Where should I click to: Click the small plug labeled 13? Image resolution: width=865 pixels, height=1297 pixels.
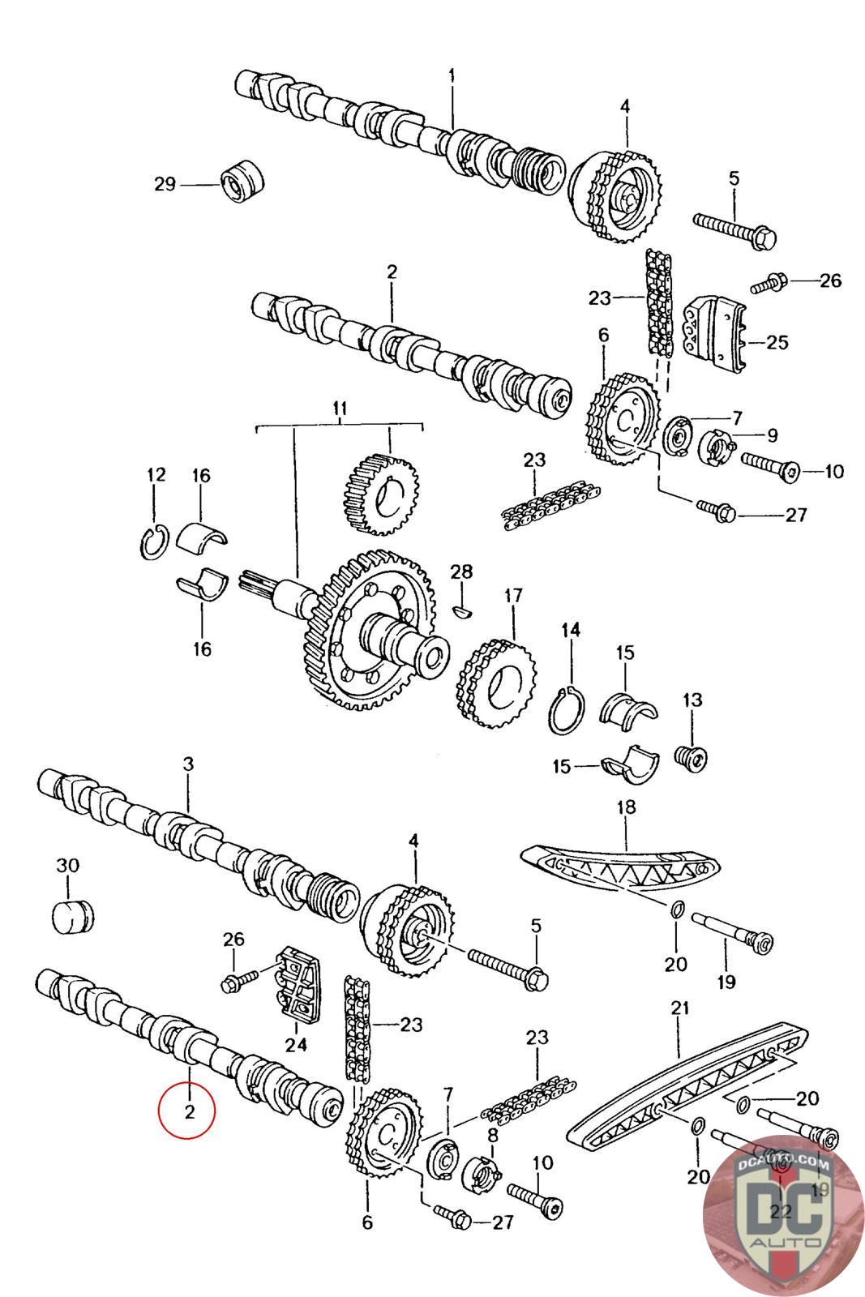click(x=692, y=757)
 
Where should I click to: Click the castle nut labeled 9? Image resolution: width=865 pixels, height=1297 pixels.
click(x=715, y=447)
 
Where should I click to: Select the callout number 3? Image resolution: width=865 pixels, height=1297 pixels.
click(x=187, y=764)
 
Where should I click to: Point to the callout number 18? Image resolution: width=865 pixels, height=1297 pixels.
click(x=626, y=807)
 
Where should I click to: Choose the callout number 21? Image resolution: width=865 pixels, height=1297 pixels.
click(x=679, y=1008)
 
